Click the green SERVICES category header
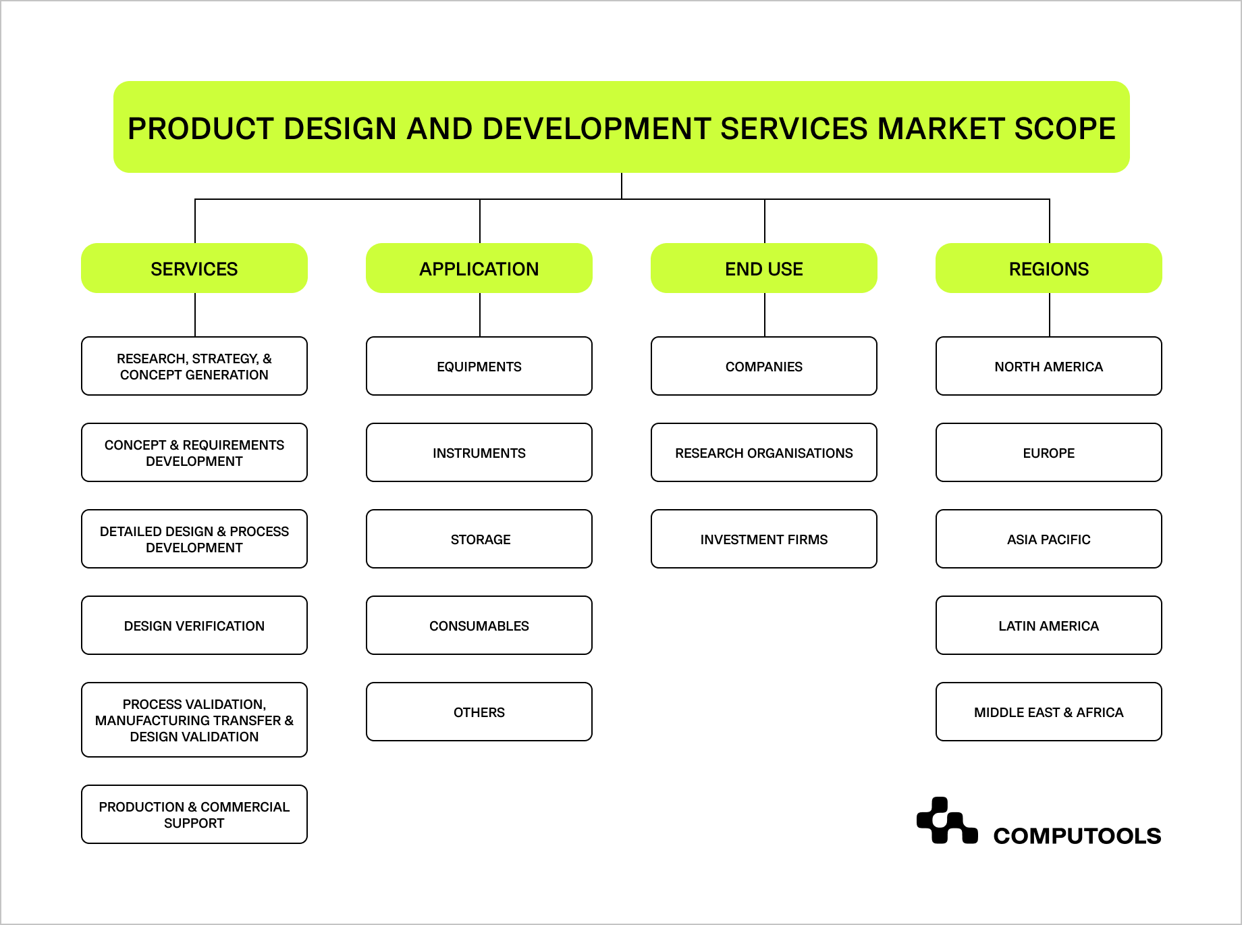coord(194,268)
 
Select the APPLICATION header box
coord(479,268)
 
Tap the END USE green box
coord(763,268)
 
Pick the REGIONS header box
coord(1048,268)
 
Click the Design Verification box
coord(194,625)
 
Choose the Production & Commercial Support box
coord(194,814)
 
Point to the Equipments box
coord(479,366)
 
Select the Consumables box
coord(479,625)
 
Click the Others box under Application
coord(479,712)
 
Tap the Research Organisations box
coord(763,452)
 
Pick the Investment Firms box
coord(763,539)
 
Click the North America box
coord(1048,366)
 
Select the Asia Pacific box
coord(1048,539)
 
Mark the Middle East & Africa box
coord(1048,712)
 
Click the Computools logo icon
coord(946,821)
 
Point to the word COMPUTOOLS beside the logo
coord(1077,836)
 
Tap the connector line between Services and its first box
coord(195,315)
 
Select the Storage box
coord(479,539)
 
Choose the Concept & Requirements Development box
coord(194,452)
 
